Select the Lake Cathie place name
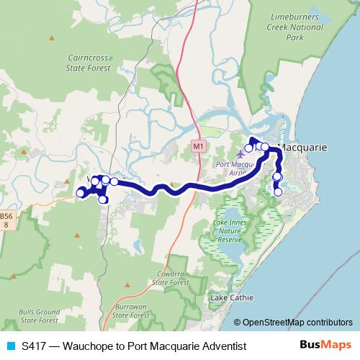click(230, 297)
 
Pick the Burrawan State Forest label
click(131, 310)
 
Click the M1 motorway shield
click(199, 146)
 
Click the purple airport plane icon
click(240, 154)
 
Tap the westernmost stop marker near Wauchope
click(80, 193)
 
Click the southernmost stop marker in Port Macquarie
click(279, 192)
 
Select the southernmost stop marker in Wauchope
click(103, 199)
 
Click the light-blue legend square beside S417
click(9, 346)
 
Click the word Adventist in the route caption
click(220, 346)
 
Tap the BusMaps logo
click(325, 346)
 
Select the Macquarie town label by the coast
click(302, 147)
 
